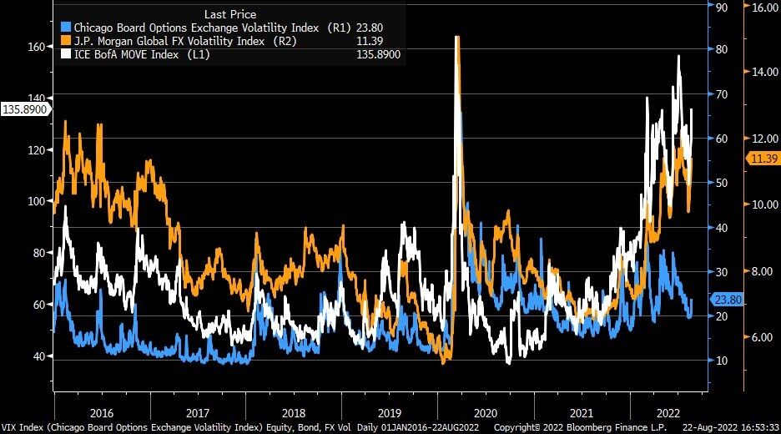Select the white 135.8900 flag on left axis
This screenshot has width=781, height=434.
point(25,109)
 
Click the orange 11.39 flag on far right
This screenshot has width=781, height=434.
point(762,159)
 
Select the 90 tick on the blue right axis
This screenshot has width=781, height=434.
point(723,7)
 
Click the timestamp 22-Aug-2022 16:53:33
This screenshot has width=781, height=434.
point(731,426)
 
